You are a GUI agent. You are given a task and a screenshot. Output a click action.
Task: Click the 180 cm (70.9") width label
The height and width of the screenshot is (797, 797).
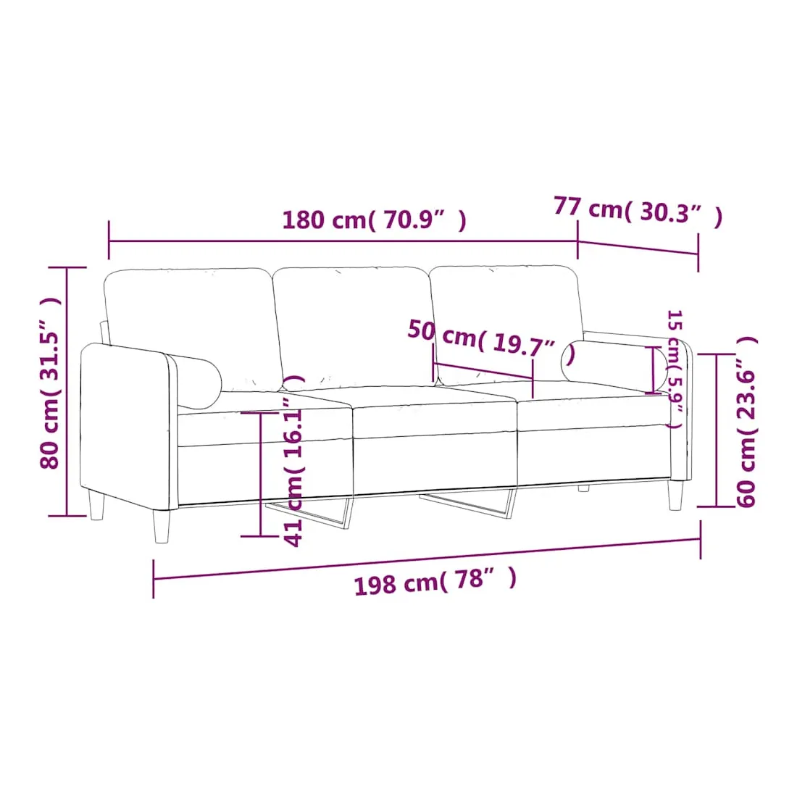pyautogui.click(x=374, y=220)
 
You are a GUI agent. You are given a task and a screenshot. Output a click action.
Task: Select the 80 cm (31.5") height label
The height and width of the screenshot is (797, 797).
pyautogui.click(x=50, y=383)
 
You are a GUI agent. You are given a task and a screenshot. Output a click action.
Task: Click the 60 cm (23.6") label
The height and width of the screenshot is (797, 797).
pyautogui.click(x=746, y=422)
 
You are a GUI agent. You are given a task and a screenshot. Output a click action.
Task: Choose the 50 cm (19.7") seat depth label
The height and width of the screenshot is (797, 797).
pyautogui.click(x=491, y=343)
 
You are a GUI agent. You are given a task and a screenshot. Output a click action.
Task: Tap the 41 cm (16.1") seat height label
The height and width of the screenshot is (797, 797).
pyautogui.click(x=293, y=461)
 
